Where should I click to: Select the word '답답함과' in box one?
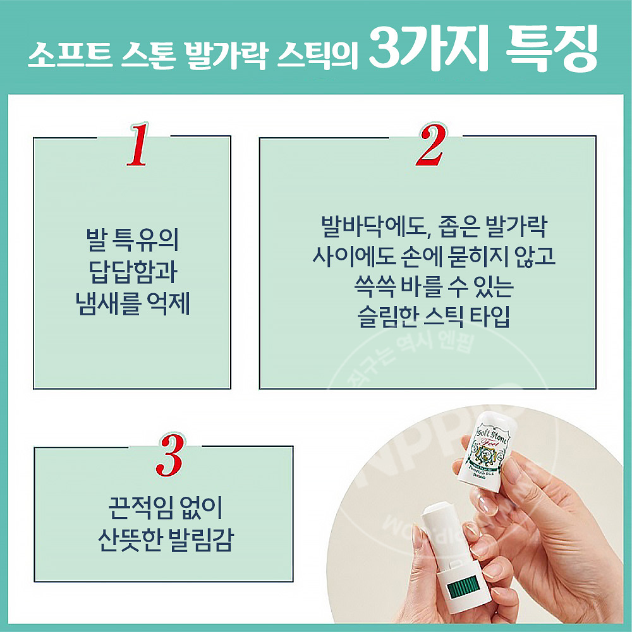click(131, 273)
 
